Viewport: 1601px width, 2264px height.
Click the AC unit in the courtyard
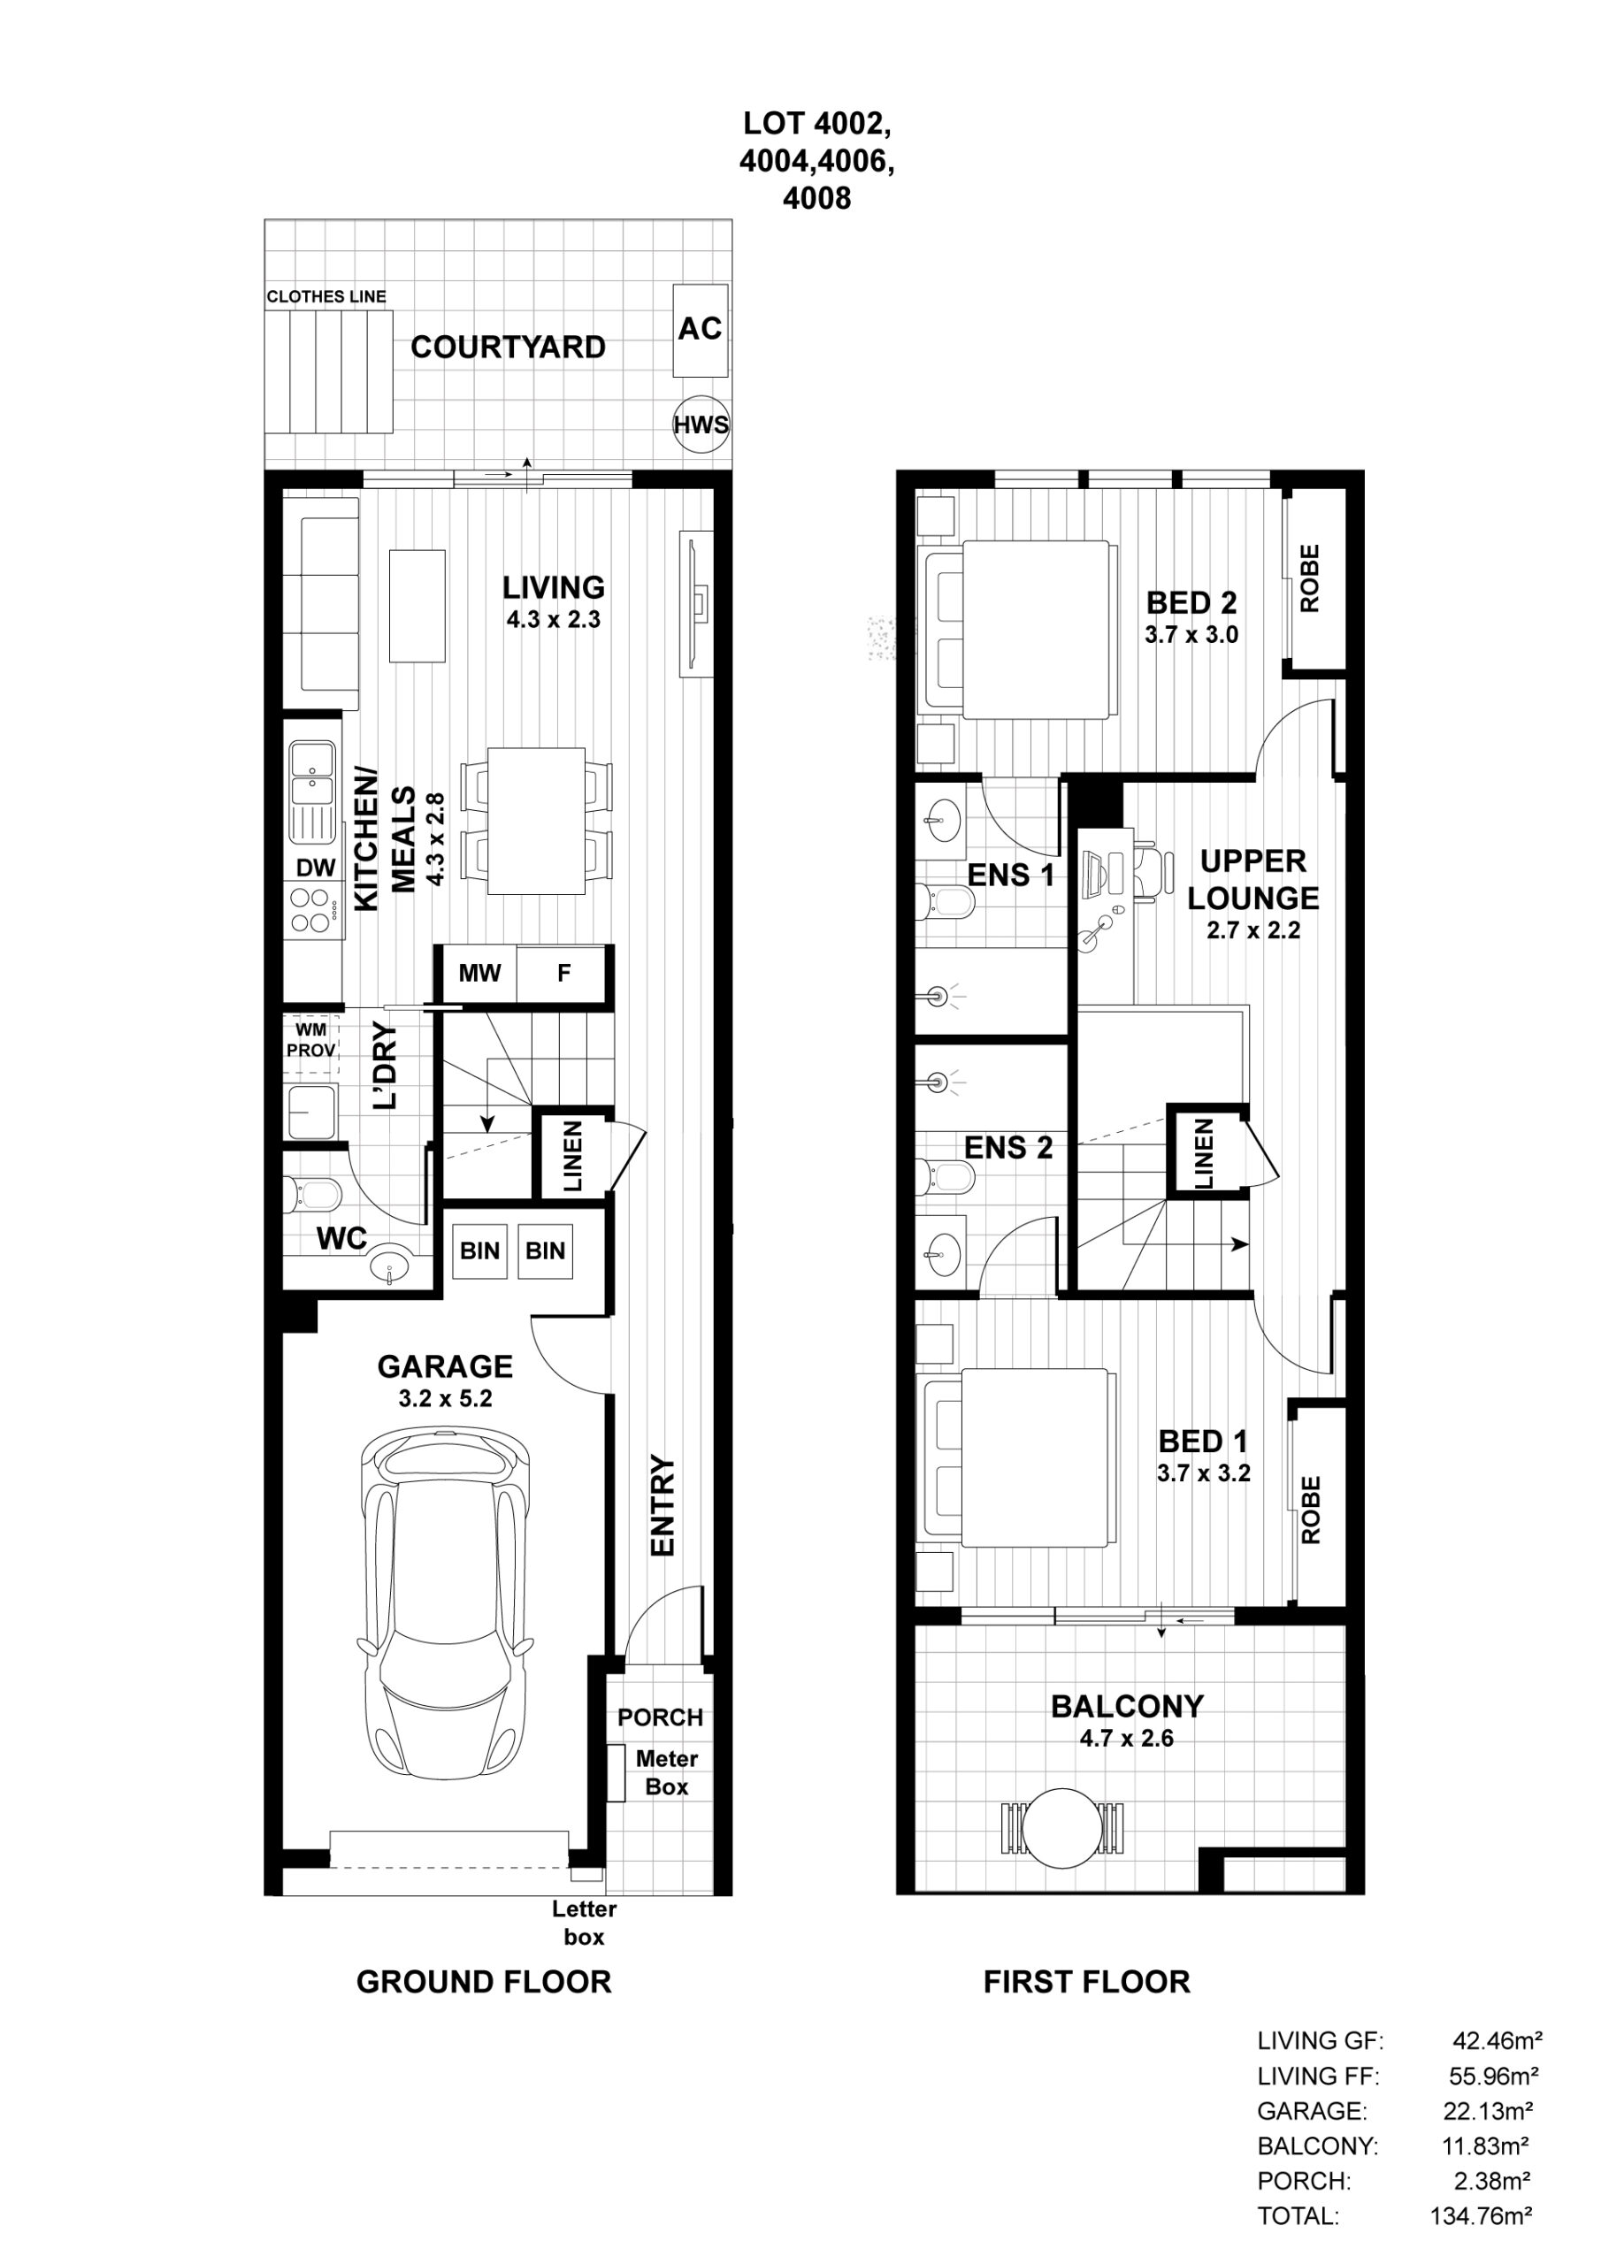point(701,331)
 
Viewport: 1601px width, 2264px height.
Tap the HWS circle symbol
point(701,425)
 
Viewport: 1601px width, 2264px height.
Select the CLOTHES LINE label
point(326,295)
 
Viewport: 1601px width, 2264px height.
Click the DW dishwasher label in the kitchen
point(316,868)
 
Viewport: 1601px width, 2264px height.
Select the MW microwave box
point(479,973)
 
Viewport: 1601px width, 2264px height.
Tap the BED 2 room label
point(1191,601)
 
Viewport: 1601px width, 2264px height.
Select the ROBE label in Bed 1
point(1310,1510)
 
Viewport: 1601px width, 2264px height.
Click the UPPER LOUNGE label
point(1252,880)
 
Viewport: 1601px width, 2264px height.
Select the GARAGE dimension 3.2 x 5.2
point(446,1398)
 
